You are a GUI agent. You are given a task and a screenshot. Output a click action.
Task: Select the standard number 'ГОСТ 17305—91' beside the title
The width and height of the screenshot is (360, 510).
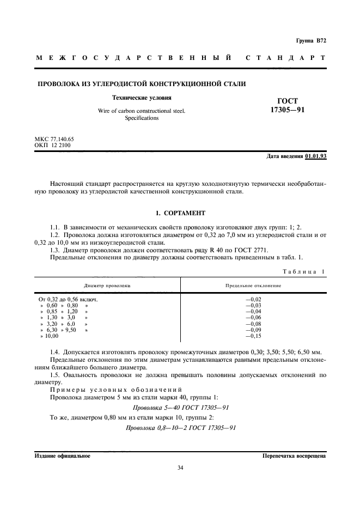tap(288, 105)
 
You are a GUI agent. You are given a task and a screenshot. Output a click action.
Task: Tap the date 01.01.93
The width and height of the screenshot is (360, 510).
tap(316, 156)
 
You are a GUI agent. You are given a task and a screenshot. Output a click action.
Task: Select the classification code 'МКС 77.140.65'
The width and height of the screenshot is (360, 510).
tap(54, 139)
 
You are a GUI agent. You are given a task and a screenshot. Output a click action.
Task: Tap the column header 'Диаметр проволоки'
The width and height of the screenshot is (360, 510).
tap(107, 286)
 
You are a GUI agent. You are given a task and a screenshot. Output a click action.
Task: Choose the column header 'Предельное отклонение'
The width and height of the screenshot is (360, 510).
tap(253, 286)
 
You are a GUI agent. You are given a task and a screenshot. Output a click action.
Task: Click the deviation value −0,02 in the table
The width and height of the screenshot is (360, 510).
tap(254, 299)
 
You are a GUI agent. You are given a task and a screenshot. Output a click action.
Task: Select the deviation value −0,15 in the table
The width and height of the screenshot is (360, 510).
tap(254, 336)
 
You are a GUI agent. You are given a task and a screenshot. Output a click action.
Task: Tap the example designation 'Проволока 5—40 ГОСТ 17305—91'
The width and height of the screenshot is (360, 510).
tap(180, 407)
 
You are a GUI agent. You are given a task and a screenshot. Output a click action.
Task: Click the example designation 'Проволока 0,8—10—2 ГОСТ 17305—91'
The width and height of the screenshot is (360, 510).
tap(180, 428)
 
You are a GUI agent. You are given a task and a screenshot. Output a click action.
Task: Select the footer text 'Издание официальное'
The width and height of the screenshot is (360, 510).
tap(62, 455)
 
